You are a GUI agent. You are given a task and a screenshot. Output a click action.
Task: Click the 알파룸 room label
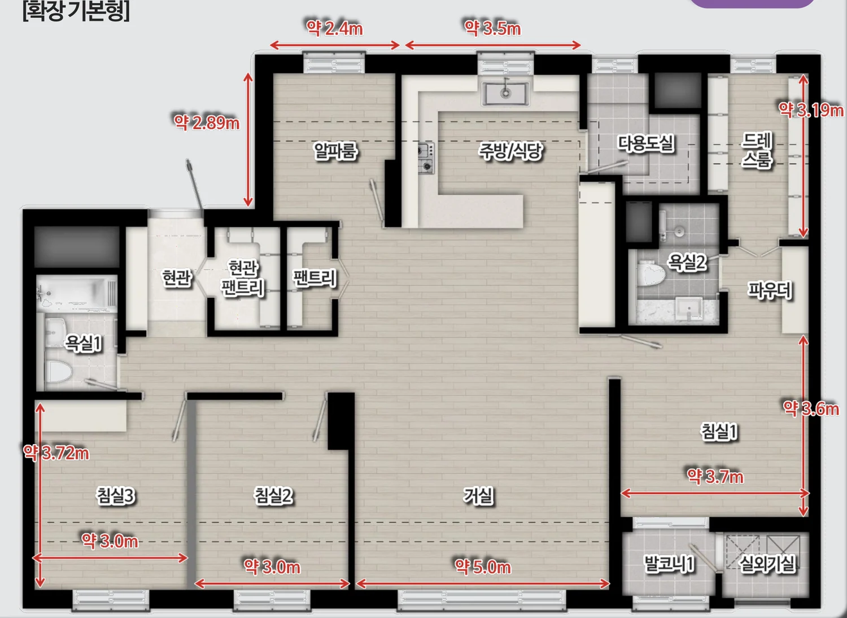click(335, 151)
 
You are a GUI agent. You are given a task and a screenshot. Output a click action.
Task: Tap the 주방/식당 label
click(510, 151)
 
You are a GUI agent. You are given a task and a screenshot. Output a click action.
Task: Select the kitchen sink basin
click(505, 93)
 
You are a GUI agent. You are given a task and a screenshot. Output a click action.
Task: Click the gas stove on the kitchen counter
click(426, 158)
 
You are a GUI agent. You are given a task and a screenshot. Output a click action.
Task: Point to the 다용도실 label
click(645, 143)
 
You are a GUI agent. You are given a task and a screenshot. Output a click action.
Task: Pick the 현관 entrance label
click(177, 278)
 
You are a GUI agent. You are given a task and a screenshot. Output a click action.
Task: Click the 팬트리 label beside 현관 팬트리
click(315, 278)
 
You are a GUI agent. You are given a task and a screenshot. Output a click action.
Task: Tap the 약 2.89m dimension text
click(207, 122)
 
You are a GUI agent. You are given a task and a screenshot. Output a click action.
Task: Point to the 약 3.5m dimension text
click(493, 28)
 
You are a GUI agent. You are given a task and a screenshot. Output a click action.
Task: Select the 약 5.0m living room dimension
click(483, 567)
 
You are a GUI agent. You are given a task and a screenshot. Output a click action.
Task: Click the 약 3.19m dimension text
click(811, 110)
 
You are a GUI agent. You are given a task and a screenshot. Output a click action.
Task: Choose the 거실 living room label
click(478, 496)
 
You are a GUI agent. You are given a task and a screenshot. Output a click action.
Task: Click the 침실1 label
click(719, 431)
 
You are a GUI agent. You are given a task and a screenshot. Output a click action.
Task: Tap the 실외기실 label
click(767, 564)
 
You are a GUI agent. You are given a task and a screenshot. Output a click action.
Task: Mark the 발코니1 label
click(669, 564)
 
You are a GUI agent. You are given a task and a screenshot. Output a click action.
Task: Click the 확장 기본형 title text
click(76, 11)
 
